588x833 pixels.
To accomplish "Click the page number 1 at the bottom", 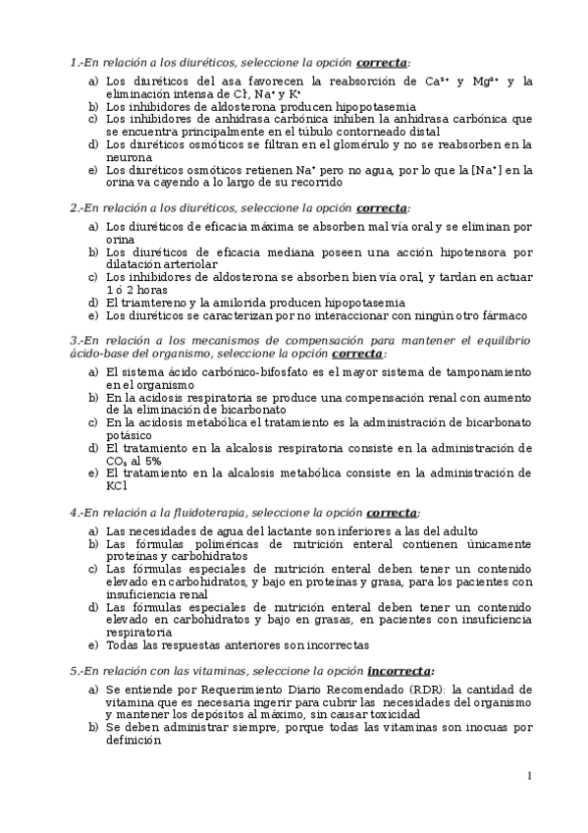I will click(x=529, y=777).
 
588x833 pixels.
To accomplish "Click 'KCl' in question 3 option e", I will click(x=116, y=484).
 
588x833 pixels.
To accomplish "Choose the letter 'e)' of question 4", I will click(x=93, y=645).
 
